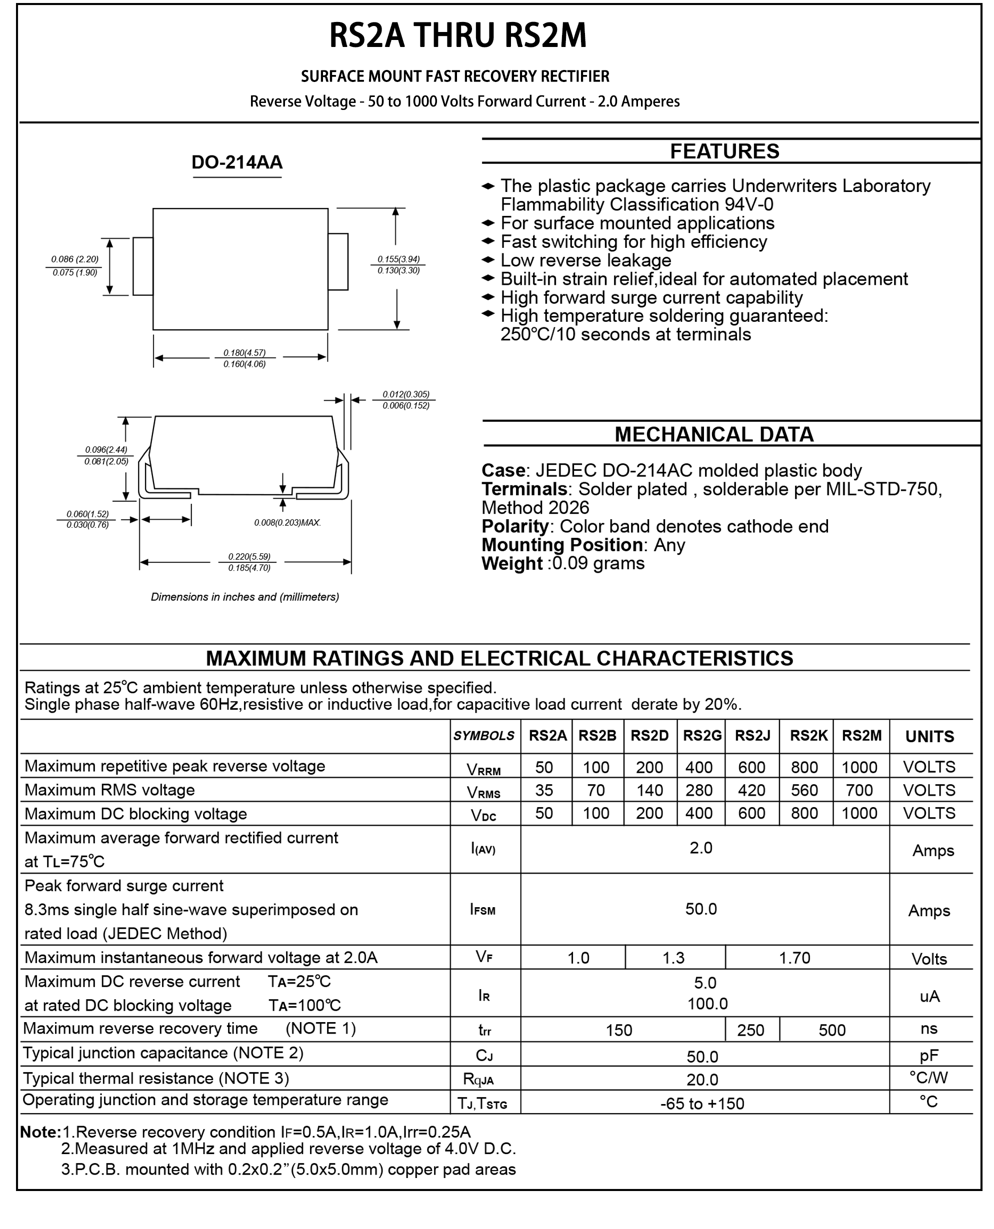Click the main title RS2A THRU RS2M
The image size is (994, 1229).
tap(457, 35)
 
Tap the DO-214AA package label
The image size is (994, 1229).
tap(236, 162)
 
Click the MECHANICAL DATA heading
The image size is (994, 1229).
tap(713, 434)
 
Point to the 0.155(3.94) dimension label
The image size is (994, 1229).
tap(398, 259)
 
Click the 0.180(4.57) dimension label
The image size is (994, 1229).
tap(244, 353)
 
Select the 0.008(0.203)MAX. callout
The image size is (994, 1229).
tap(287, 523)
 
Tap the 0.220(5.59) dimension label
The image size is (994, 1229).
tap(248, 556)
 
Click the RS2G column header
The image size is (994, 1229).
tap(702, 736)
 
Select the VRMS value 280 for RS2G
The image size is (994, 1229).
tap(698, 791)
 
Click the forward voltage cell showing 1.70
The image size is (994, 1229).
tap(794, 958)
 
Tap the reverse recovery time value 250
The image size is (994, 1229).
tap(750, 1031)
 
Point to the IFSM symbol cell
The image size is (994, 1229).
tap(482, 910)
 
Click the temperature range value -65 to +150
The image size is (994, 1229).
tap(702, 1104)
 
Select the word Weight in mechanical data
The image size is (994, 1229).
tap(511, 564)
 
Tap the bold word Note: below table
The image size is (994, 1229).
tap(40, 1132)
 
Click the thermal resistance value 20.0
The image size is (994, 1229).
tap(702, 1080)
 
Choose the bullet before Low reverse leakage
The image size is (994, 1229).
tap(487, 260)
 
